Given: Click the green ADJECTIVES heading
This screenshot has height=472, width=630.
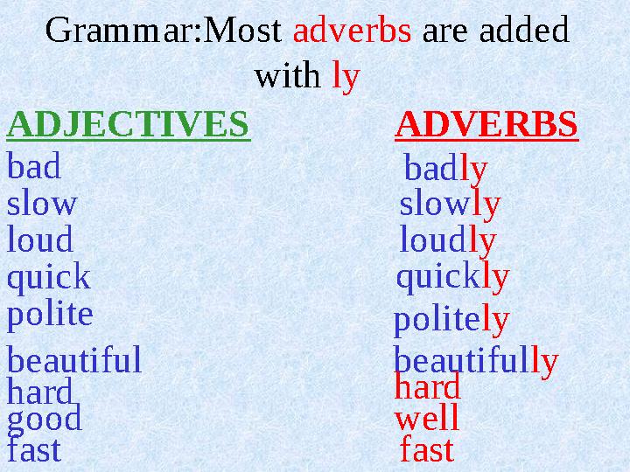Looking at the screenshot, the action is (128, 124).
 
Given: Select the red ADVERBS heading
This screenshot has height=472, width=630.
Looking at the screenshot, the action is (486, 124).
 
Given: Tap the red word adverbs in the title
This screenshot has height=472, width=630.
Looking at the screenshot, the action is (352, 30).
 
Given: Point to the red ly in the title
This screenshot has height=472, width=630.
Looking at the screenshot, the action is (346, 76).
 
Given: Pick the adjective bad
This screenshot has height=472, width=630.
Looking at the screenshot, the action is (34, 165).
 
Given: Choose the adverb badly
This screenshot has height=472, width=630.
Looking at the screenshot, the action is (445, 169).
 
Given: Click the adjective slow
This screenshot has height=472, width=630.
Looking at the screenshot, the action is (42, 202).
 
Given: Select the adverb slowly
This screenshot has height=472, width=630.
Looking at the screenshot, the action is (450, 205).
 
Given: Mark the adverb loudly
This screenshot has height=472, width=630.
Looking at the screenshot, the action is (448, 240).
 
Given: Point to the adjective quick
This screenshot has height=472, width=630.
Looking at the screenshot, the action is (49, 278).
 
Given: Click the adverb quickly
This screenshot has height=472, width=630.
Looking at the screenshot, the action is (453, 277).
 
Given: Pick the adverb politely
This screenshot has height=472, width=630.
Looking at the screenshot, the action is (451, 320).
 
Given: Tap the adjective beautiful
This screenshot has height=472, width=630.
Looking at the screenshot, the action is (74, 359).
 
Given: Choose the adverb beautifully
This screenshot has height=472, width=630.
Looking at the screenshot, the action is (476, 361).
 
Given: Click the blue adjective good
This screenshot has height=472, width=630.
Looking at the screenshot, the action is (45, 420).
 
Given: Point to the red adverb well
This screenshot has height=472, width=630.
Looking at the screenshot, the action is (427, 417).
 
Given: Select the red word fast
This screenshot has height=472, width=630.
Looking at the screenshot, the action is (427, 448).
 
